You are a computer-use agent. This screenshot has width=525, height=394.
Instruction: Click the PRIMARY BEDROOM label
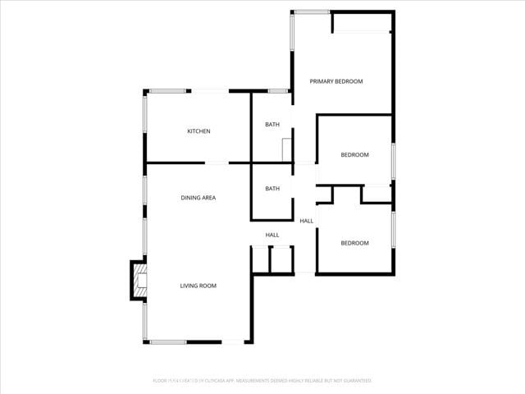pos(336,81)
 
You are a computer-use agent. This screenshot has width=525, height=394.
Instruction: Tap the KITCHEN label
pos(199,131)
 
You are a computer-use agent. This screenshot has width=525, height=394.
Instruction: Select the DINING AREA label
pos(198,198)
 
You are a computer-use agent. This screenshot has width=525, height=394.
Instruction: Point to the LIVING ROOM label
pos(198,286)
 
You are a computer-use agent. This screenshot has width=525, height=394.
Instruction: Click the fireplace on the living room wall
pos(139,280)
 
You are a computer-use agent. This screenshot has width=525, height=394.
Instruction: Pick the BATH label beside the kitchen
pos(272,125)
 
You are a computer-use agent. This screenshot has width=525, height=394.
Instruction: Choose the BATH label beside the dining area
pos(272,189)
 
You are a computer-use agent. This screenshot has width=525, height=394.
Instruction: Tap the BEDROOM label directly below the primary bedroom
pos(354,155)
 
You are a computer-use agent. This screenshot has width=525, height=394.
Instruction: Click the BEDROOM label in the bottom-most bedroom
pos(354,243)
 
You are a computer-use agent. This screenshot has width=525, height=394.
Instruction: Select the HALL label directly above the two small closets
pos(272,236)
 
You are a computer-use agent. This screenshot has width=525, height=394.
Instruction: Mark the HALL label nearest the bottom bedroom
pos(306,221)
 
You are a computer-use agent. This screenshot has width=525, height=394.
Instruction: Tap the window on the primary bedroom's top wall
pos(312,11)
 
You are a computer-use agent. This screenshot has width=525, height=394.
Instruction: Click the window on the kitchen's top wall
pos(168,90)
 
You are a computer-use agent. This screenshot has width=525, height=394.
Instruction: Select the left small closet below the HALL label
pos(261,259)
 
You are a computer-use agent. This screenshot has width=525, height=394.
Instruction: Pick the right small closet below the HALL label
pos(281,259)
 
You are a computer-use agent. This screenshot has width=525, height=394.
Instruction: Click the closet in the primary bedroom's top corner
pos(361,22)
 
